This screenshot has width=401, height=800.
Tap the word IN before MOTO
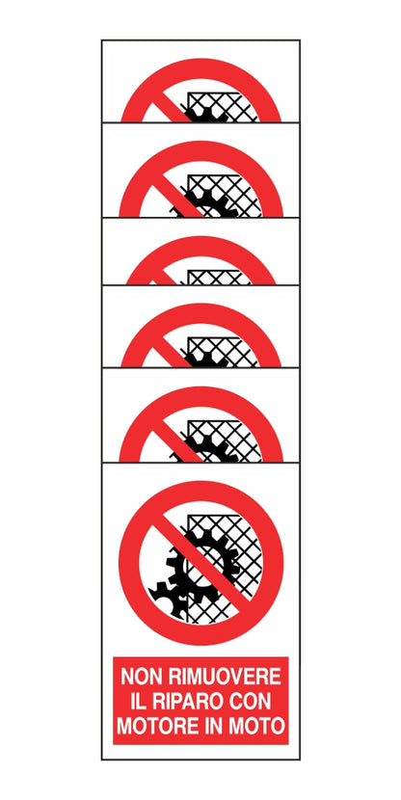coord(213,726)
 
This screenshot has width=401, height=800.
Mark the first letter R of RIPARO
coord(156,702)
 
